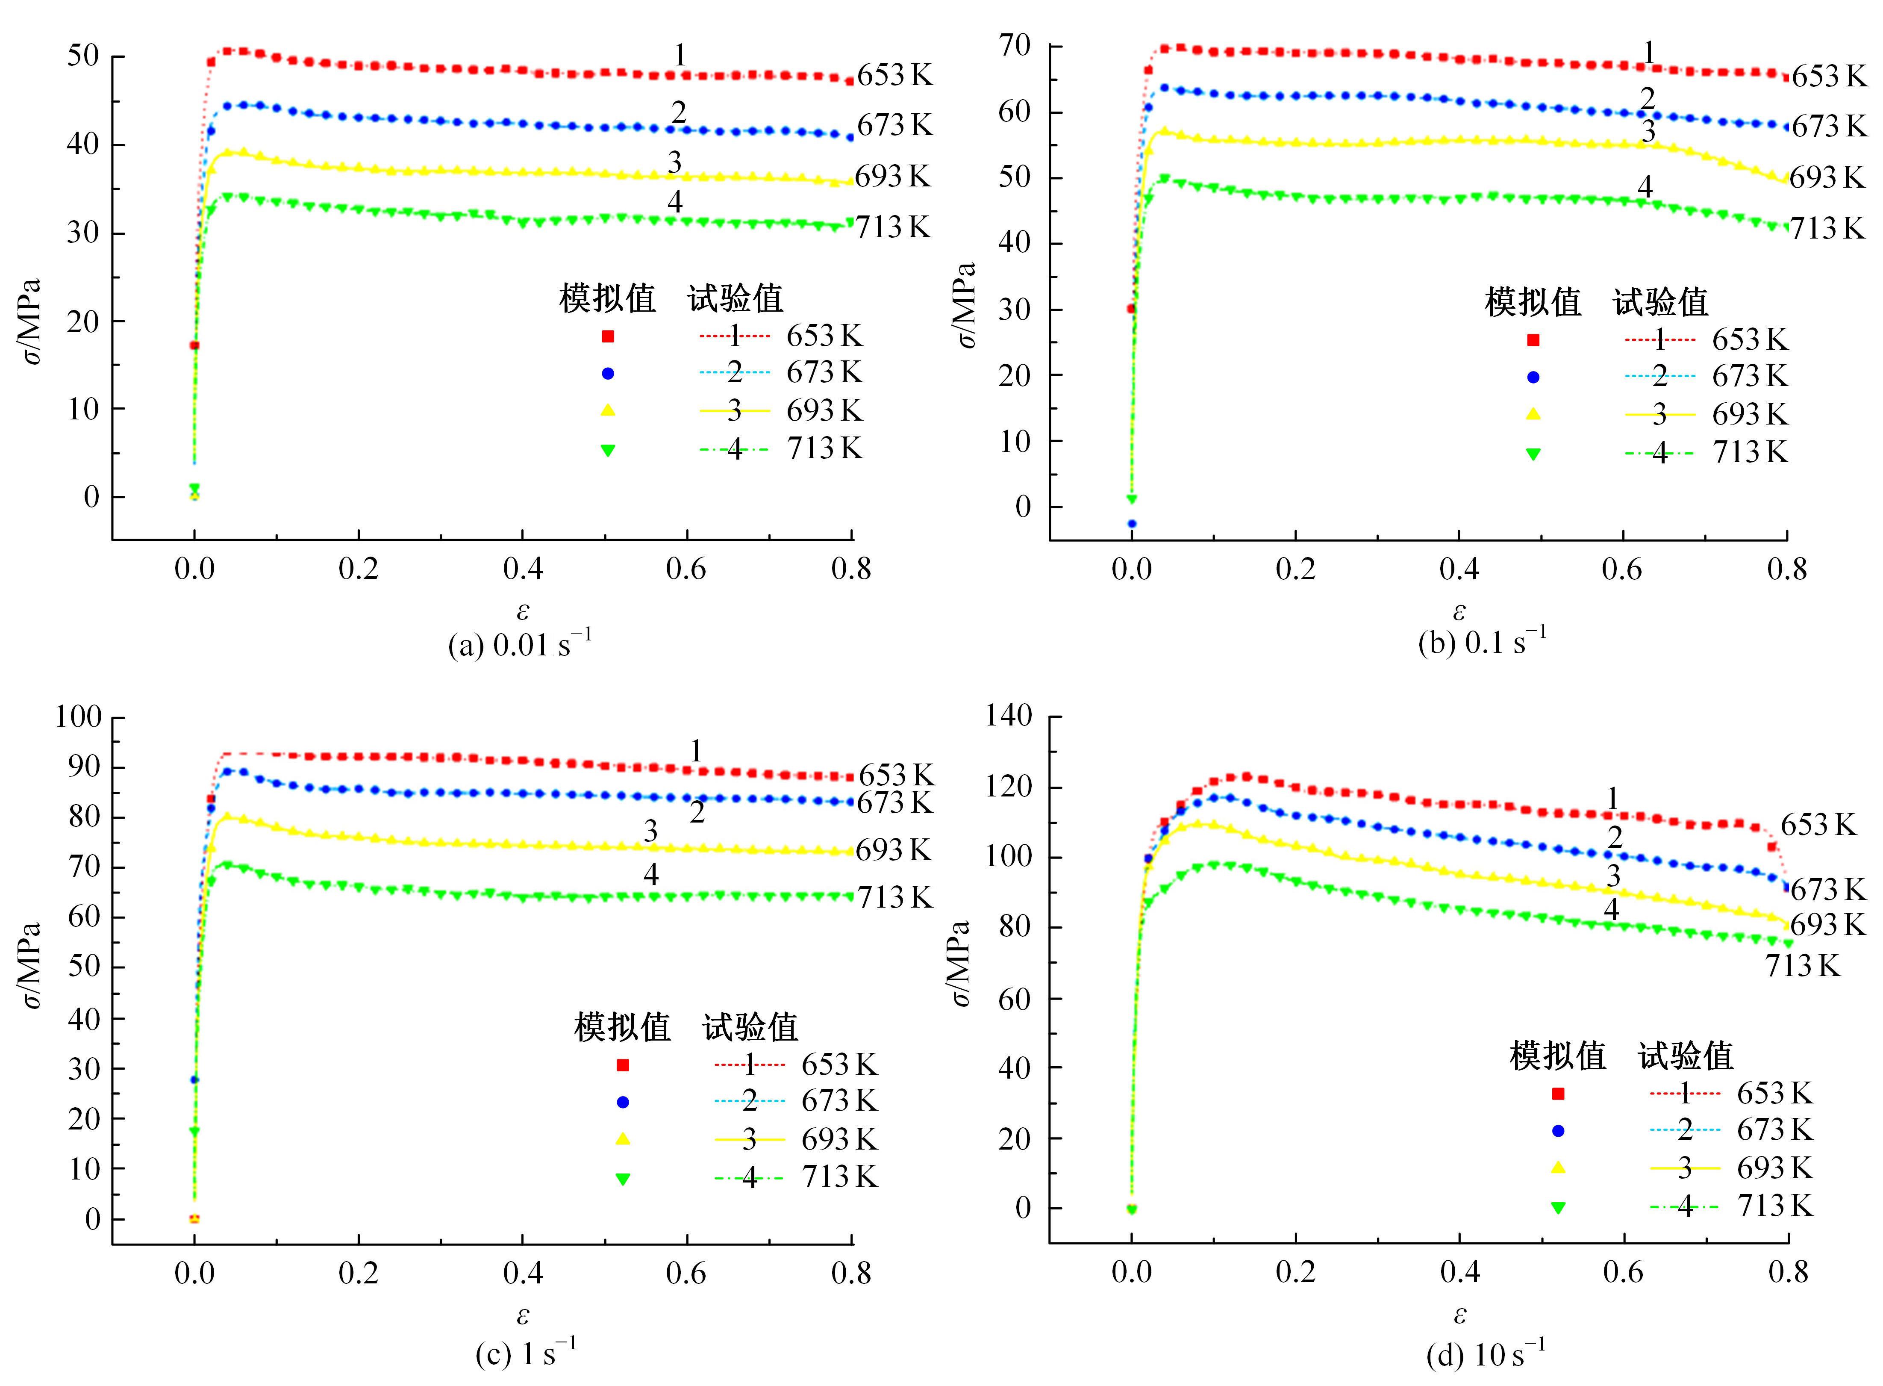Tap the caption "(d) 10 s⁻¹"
tap(1485, 1354)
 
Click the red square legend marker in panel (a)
tap(608, 336)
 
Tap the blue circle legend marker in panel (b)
tap(1533, 377)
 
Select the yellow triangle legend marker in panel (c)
tap(622, 1138)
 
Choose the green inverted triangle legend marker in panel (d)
tap(1558, 1207)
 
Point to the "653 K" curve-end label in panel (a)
tap(894, 76)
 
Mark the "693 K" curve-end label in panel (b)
tap(1827, 178)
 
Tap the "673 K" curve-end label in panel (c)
tap(894, 803)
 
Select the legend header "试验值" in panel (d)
tap(1686, 1056)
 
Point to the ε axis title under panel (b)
tap(1459, 611)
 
